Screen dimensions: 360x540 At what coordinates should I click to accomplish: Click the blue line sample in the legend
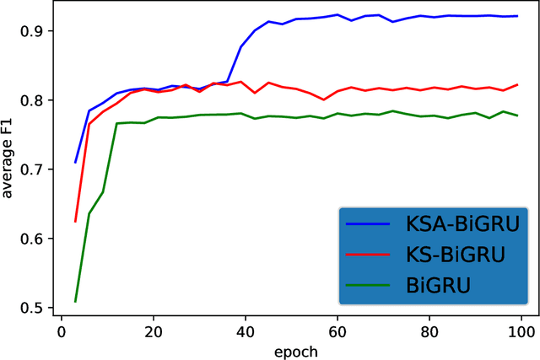pos(368,223)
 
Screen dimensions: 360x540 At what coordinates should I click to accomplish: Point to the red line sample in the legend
pos(368,255)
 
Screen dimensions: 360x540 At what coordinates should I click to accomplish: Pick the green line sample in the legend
pos(368,285)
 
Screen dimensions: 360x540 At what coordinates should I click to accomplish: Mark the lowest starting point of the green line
pos(76,301)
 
